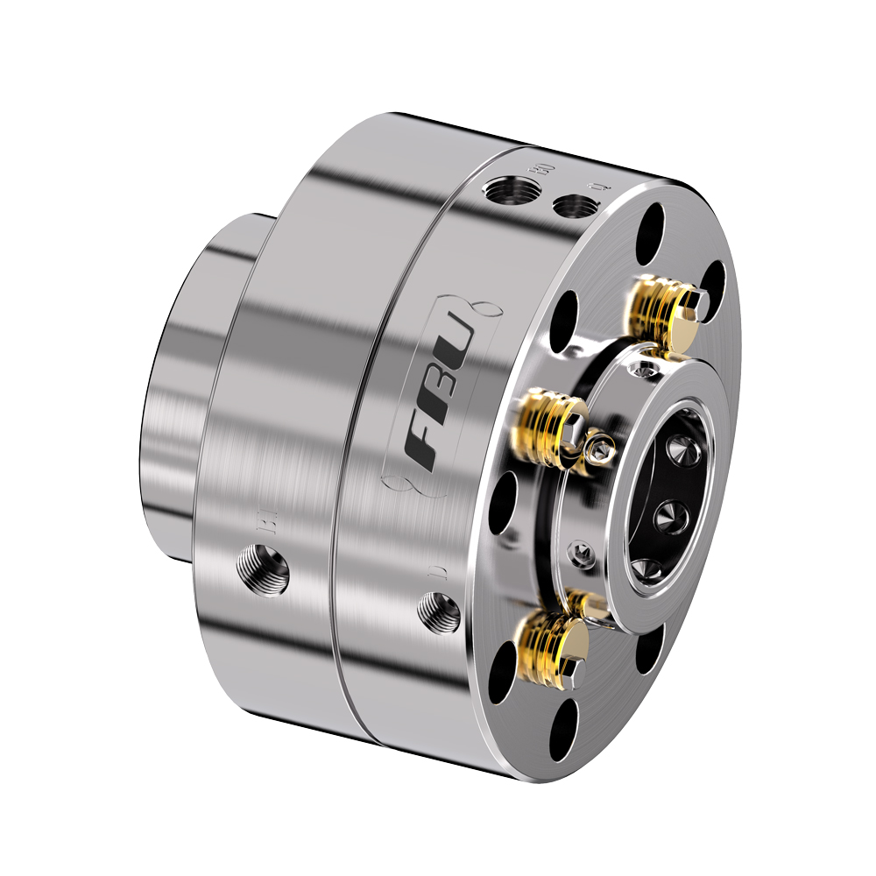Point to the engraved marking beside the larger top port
541,168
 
